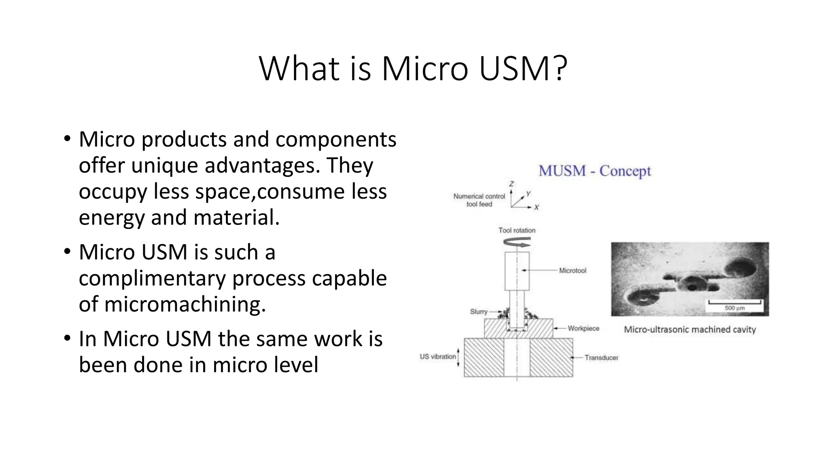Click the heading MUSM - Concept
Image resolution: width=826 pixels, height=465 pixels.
[594, 171]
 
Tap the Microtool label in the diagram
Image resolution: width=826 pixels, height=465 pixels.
[572, 270]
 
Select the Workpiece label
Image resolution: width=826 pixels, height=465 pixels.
[583, 328]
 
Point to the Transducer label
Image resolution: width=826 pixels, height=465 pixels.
[601, 358]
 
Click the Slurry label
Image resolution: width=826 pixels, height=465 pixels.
[479, 312]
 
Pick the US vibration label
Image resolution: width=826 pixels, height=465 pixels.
[438, 356]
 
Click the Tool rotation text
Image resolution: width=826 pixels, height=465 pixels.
[517, 230]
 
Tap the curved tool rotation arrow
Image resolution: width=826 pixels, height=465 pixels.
[517, 243]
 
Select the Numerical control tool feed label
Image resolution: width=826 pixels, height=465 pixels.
[479, 200]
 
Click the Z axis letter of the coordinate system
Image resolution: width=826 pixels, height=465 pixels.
[511, 184]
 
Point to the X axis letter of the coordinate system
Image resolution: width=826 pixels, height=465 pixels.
[536, 207]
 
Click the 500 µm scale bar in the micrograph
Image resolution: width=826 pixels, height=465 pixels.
[734, 303]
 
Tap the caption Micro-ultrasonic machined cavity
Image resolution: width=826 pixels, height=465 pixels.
[690, 329]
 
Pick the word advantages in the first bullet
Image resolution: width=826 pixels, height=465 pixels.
[262, 165]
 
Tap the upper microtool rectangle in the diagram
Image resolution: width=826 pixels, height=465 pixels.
[517, 271]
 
